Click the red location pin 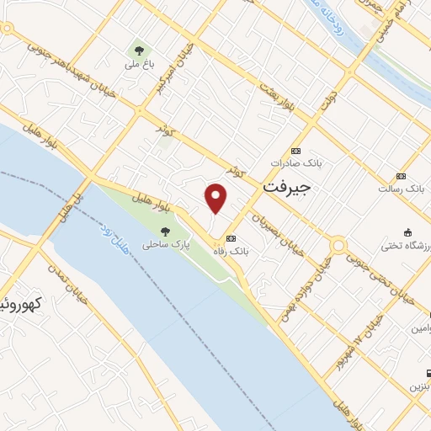(x=216, y=198)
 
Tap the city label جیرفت (x=287, y=188)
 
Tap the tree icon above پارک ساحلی (x=165, y=229)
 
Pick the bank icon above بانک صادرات (x=295, y=150)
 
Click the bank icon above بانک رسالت (x=401, y=176)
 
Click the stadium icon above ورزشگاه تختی (x=407, y=231)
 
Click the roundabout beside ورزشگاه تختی (x=339, y=246)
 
